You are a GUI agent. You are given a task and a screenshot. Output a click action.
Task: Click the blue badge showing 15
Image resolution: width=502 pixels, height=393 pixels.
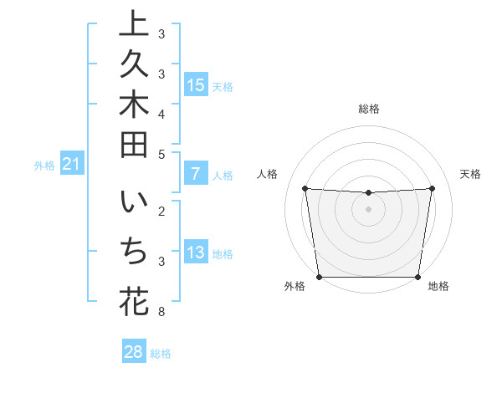(196, 85)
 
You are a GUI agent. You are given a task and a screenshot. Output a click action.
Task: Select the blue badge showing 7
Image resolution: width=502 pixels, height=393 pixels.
(196, 175)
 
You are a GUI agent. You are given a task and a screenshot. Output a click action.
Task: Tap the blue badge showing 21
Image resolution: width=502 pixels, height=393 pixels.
(72, 165)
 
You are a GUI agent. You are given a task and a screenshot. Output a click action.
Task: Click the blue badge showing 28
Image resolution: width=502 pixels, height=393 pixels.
(134, 352)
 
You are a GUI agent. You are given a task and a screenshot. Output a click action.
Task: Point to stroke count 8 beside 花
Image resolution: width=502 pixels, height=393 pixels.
(161, 313)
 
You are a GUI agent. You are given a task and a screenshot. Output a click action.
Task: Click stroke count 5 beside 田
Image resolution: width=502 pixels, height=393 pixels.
(161, 154)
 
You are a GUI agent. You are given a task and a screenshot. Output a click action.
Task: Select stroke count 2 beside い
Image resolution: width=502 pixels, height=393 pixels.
(161, 210)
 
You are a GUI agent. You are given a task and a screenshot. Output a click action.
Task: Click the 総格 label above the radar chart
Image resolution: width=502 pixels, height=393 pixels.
(369, 109)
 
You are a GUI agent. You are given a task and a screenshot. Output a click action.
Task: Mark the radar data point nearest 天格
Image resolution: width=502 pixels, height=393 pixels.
(433, 188)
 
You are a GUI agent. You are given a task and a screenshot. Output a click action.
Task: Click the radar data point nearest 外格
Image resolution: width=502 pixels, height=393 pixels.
(319, 277)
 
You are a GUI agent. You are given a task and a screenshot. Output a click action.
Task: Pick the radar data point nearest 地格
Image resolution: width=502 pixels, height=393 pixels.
(418, 277)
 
